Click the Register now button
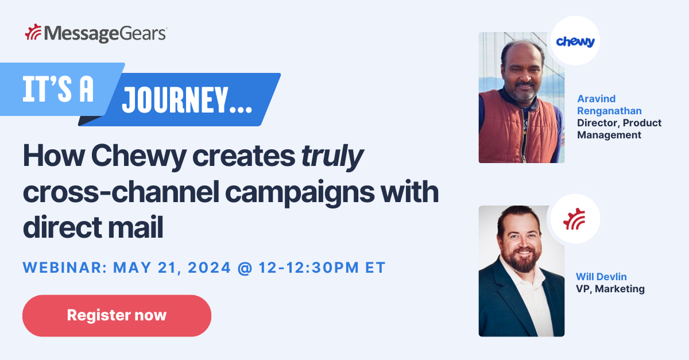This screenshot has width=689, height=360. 117,315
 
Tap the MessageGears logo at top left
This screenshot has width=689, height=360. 96,33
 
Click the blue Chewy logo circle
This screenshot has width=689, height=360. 575,41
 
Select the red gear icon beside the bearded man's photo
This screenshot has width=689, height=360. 575,219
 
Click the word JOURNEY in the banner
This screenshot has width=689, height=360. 187,101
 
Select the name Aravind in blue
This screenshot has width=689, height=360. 597,98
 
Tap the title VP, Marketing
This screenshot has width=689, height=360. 610,289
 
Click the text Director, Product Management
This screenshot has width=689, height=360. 619,129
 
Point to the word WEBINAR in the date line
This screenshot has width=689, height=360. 63,268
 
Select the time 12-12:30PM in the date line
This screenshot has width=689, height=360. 308,268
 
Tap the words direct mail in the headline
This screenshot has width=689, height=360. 93,228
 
